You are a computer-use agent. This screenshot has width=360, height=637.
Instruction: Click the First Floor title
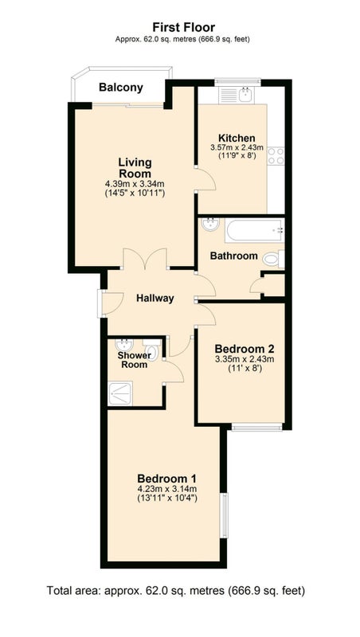click(x=184, y=27)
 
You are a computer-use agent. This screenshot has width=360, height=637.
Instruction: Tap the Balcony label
click(x=121, y=88)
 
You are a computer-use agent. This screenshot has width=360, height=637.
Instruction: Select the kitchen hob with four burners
click(x=276, y=155)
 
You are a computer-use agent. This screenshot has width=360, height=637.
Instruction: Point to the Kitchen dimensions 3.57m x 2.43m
click(x=237, y=147)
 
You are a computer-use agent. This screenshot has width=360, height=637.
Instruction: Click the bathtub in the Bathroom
click(x=254, y=230)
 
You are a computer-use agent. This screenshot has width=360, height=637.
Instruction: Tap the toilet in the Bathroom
click(x=273, y=259)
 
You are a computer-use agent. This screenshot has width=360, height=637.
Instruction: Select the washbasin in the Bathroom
click(x=210, y=224)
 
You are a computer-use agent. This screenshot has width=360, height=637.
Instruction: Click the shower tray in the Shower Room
click(x=120, y=393)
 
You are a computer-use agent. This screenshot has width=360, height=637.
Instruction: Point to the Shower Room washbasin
click(x=123, y=346)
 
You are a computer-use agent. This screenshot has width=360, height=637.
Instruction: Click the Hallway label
click(x=155, y=299)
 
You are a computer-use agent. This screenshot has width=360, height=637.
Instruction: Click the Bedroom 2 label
click(x=245, y=349)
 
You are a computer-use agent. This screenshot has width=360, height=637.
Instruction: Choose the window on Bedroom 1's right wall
click(x=224, y=515)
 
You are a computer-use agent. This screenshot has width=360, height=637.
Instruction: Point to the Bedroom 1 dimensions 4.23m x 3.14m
click(x=167, y=489)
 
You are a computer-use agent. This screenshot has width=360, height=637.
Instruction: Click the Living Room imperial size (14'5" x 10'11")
click(x=135, y=193)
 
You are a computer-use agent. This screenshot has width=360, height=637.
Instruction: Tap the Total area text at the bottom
click(x=176, y=590)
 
